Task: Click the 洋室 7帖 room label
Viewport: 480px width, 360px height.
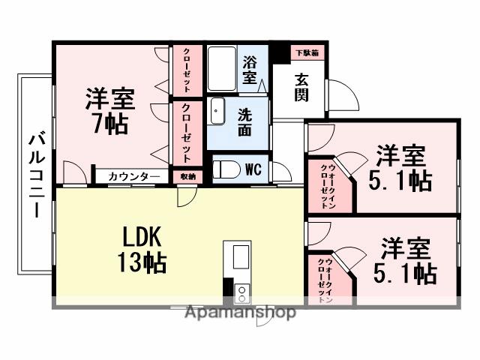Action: [110, 110]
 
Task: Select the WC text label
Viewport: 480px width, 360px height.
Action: [253, 169]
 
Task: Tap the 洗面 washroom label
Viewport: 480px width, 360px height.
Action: [245, 121]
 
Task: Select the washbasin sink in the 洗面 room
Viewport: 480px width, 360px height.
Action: [217, 112]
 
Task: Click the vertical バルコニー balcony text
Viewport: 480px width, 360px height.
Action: [36, 175]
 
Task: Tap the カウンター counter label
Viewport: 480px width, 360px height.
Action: [133, 176]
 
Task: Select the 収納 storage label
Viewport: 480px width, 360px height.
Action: [187, 176]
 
